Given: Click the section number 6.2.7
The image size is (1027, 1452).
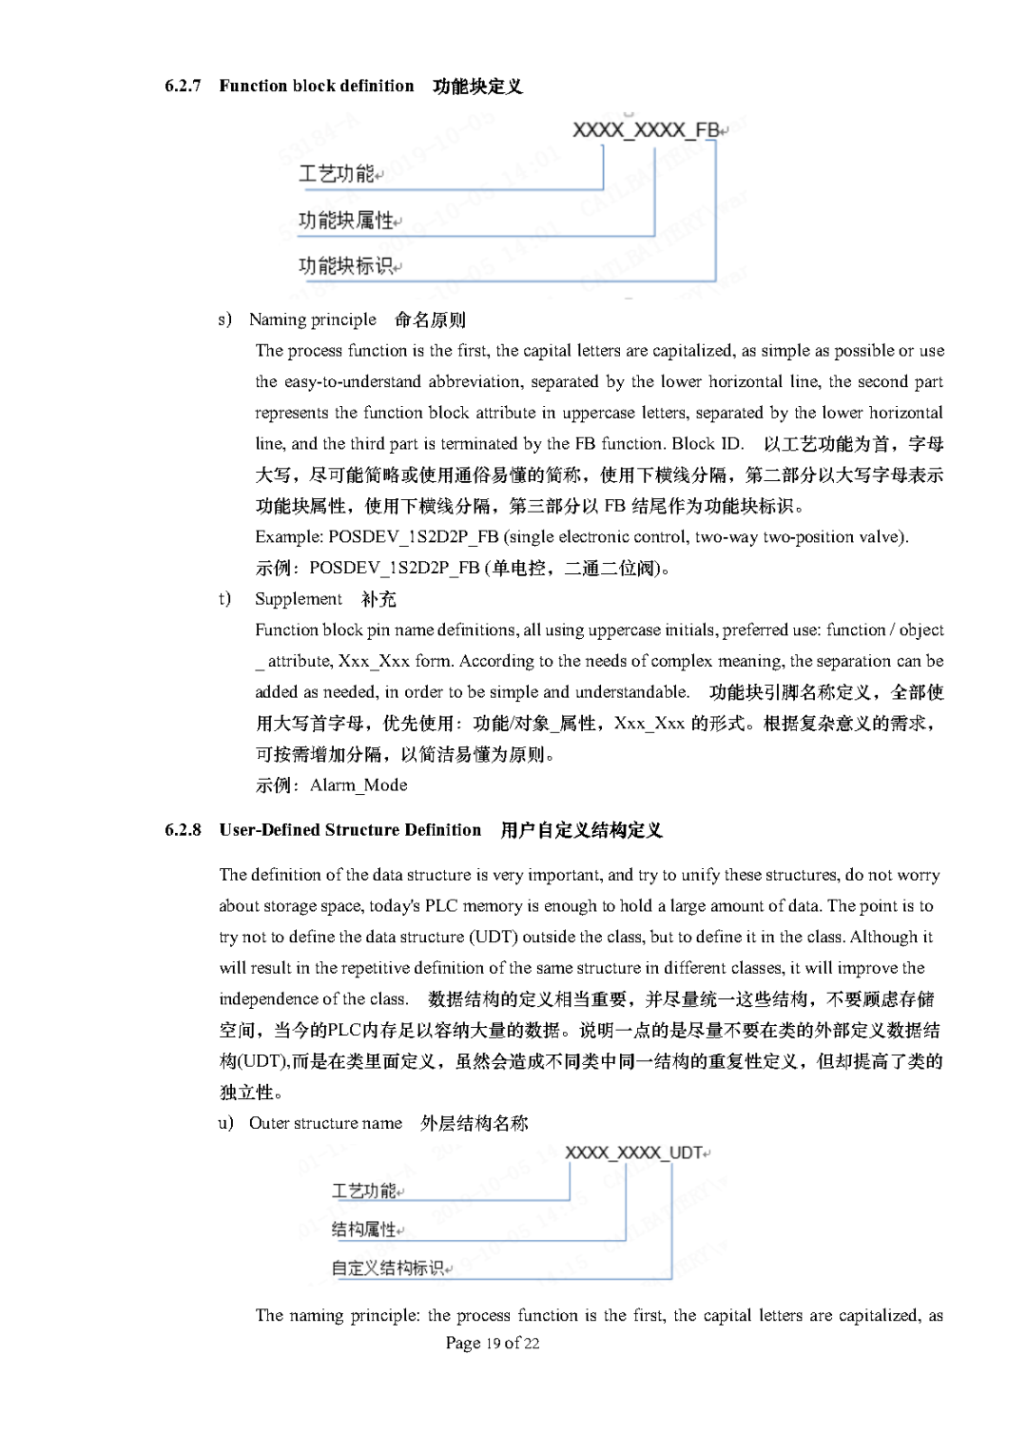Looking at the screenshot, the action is pos(183,86).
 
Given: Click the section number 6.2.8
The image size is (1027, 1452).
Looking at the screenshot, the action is pos(183,830).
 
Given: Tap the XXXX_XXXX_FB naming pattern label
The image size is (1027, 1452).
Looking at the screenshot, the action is pos(646,130).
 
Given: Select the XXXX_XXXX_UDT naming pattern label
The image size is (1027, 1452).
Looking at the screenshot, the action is pos(634,1152).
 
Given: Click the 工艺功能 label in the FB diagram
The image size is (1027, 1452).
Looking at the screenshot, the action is pos(337,174).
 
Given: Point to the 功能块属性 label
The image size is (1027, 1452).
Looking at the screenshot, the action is pos(346,221).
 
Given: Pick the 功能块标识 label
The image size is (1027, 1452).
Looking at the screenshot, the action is pos(346,266).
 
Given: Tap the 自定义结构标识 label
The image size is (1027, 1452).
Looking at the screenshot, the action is pos(387,1268).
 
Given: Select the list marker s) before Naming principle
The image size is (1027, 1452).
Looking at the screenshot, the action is pos(224,319).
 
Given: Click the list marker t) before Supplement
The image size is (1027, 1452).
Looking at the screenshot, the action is pos(224,598).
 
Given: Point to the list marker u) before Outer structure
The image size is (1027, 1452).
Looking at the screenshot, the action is pos(225,1123).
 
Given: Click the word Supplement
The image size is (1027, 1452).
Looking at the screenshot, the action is pos(299,598).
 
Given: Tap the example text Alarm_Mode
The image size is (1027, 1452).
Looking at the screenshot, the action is pos(358,785).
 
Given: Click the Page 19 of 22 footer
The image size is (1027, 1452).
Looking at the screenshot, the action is pos(493,1343).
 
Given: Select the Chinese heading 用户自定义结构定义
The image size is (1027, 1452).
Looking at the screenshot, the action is pos(581,830).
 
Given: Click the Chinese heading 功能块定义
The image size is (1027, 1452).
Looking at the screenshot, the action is pos(477,87).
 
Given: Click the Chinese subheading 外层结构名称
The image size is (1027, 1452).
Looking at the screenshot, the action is pos(475,1123).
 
